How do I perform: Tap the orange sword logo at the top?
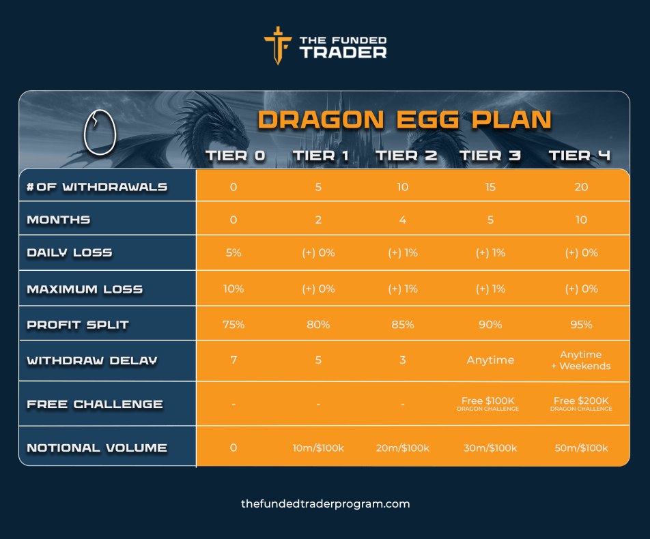[x=277, y=45]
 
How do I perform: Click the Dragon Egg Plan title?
[x=404, y=119]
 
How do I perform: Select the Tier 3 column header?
[x=490, y=156]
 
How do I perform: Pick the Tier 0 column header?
[x=235, y=156]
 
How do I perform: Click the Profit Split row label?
[x=78, y=324]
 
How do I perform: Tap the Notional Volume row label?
[x=97, y=448]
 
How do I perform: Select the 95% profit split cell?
[x=581, y=324]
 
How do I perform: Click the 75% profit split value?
[x=234, y=324]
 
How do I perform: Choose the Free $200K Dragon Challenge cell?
[x=581, y=403]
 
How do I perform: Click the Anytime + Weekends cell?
[x=581, y=360]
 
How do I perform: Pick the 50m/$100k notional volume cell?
[x=581, y=448]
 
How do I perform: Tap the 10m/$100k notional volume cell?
[x=318, y=448]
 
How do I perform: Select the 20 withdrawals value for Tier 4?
[x=581, y=186]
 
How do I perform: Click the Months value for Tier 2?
[x=403, y=220]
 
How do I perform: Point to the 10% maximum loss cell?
[x=234, y=289]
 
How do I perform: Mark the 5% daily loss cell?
[x=234, y=252]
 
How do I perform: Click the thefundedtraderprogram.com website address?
[x=325, y=504]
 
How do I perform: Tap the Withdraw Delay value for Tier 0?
[x=234, y=360]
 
